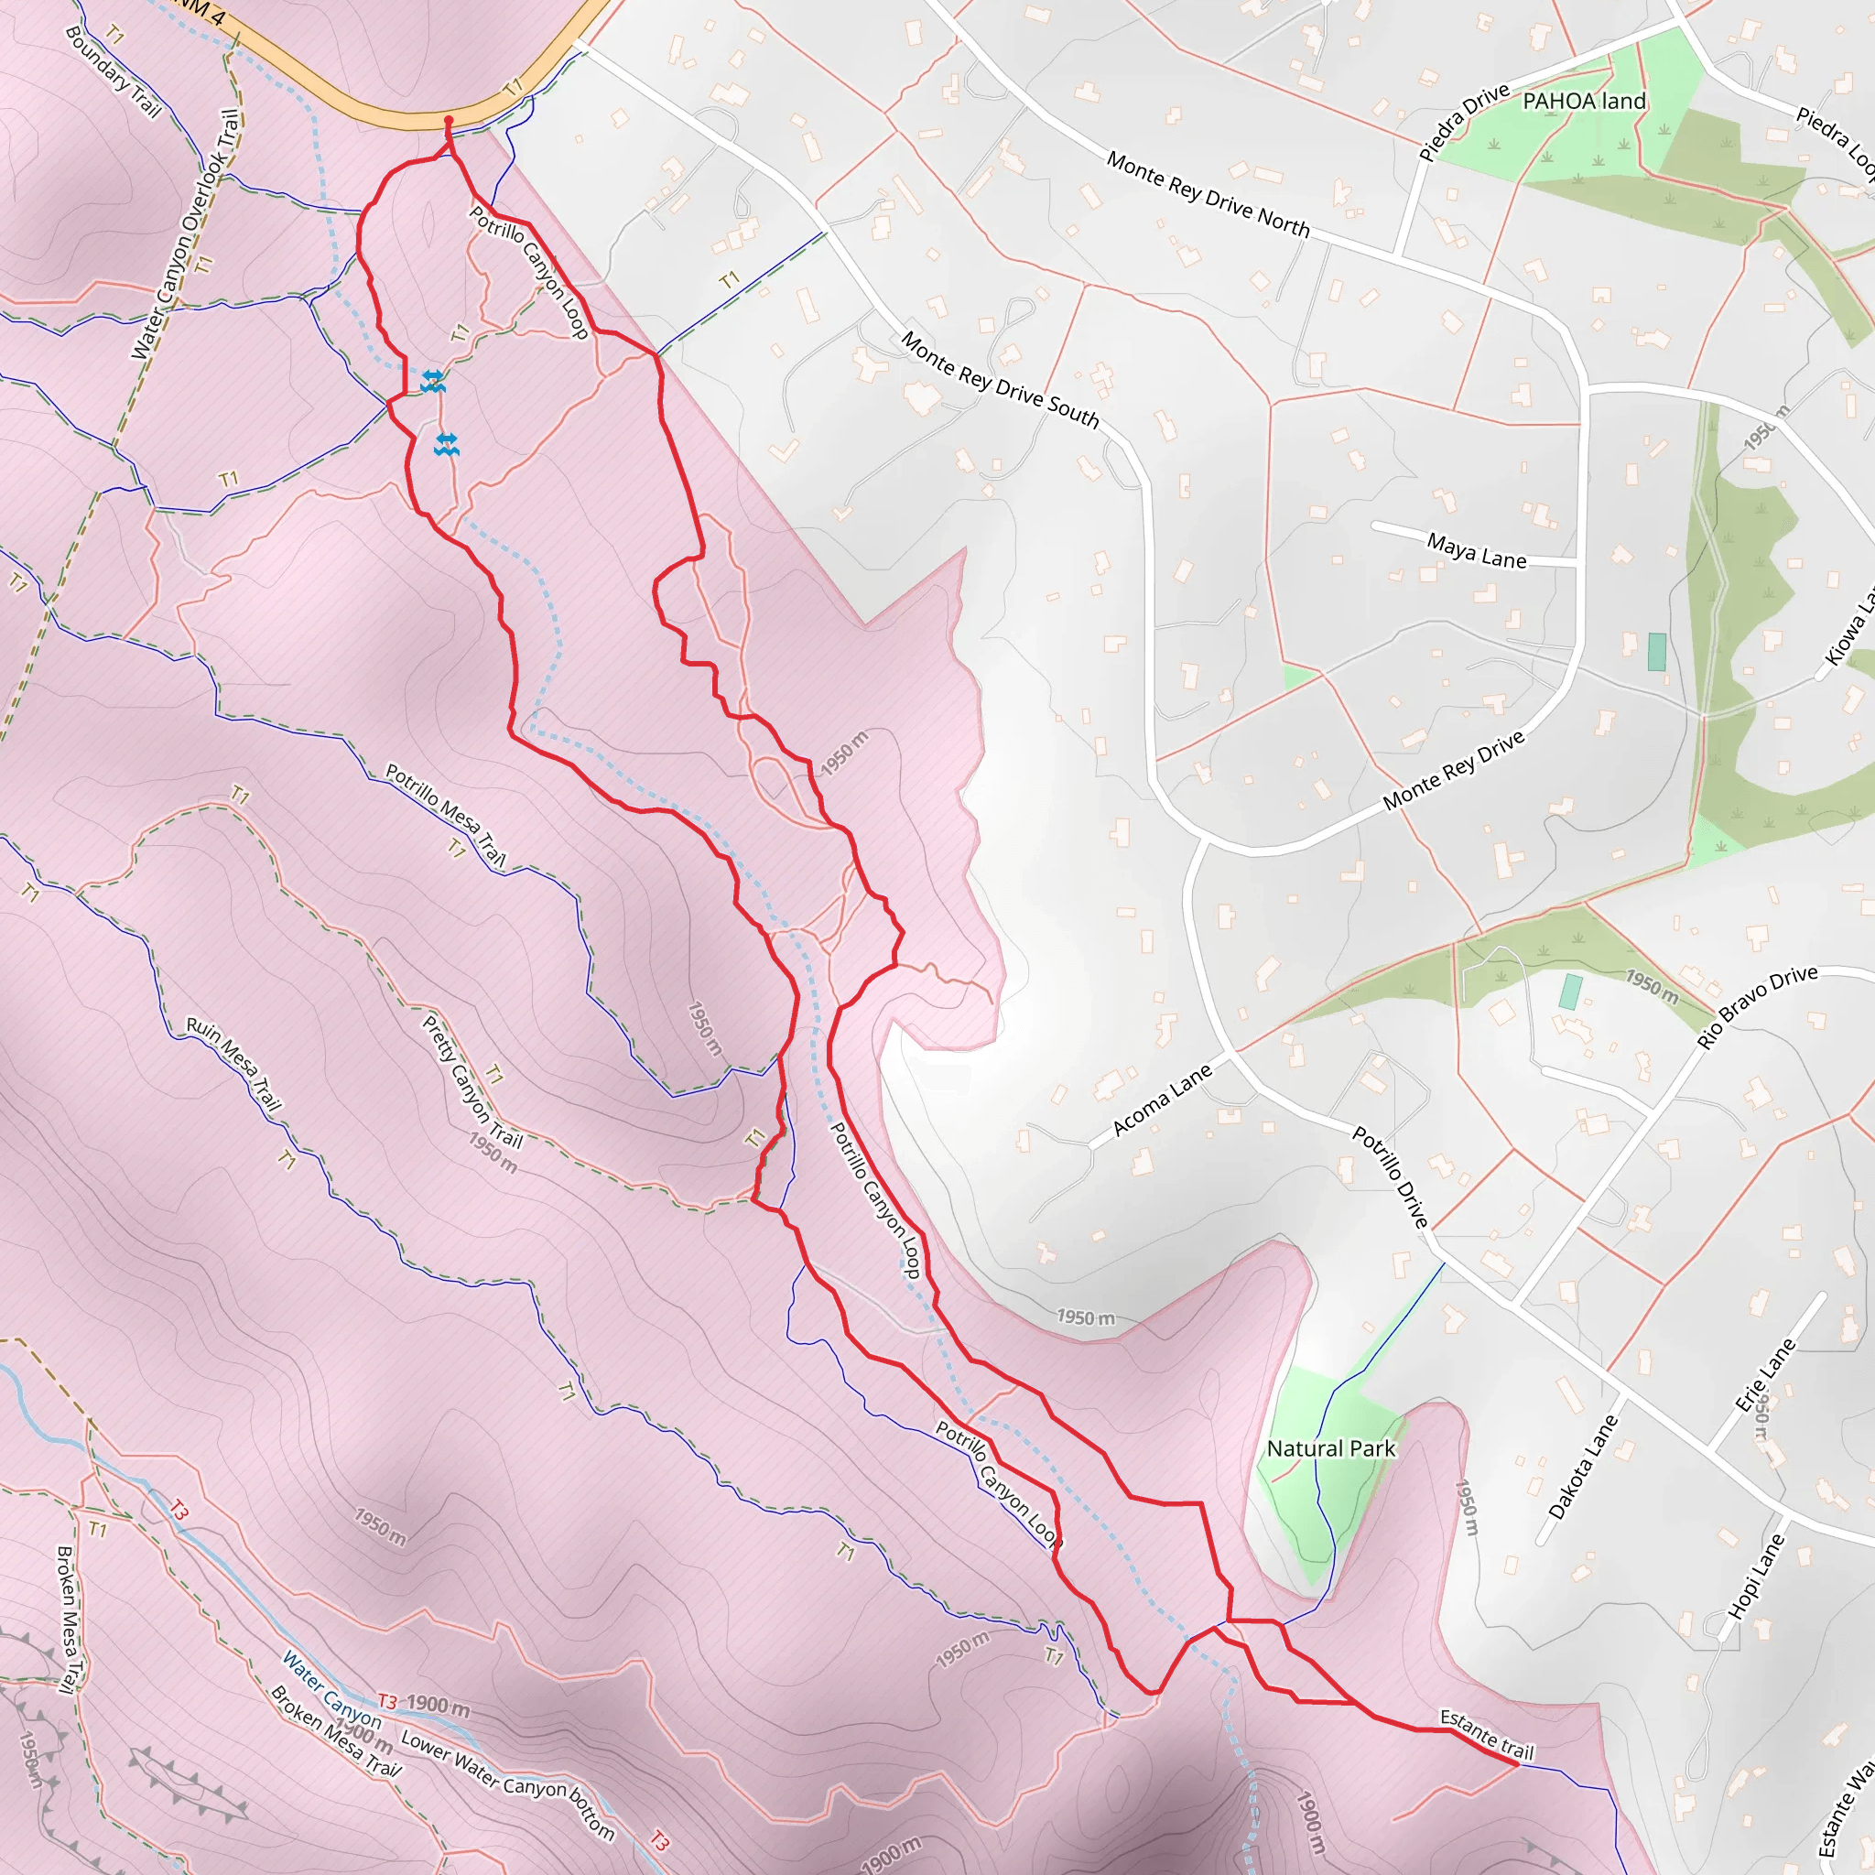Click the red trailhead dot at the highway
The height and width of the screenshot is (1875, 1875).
449,120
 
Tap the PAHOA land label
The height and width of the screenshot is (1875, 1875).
1584,101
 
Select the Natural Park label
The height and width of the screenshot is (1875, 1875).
1330,1449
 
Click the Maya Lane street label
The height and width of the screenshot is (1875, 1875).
1476,550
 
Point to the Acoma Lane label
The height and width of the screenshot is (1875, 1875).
1162,1100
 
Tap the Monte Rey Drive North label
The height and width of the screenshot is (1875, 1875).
1208,194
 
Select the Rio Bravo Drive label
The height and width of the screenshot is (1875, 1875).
1757,1006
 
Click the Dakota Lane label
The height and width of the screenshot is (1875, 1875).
1583,1467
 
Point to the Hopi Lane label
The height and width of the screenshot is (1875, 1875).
1757,1577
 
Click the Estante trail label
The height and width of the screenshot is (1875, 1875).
1486,1734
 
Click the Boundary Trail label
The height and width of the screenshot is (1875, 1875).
113,71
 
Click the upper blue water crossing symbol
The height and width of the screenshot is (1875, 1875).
433,381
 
